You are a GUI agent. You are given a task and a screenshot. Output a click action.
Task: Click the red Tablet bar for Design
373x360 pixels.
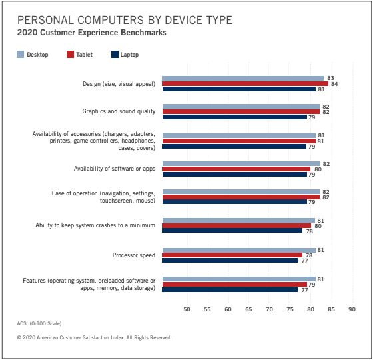coord(245,84)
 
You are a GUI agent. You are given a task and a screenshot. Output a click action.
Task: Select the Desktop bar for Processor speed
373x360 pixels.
coord(239,250)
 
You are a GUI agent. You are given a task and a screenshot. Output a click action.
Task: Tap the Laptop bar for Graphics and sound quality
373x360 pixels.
coord(234,117)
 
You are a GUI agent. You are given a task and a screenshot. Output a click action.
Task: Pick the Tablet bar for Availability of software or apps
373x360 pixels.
coord(236,169)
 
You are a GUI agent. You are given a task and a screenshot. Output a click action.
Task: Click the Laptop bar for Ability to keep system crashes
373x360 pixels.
coord(232,231)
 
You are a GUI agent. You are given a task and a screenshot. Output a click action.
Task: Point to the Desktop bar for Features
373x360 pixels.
coord(239,279)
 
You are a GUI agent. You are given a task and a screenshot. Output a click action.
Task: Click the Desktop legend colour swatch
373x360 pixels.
coord(21,55)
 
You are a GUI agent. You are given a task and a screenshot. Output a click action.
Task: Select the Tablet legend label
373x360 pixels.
coord(84,55)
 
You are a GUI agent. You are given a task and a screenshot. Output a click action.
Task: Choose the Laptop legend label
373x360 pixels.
coord(129,55)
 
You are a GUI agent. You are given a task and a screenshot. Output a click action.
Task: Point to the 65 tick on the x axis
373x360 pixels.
coord(248,309)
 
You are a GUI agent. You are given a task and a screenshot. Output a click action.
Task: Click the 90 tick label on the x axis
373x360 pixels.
coord(352,309)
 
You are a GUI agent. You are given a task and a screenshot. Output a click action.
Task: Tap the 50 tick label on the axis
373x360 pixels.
coord(186,309)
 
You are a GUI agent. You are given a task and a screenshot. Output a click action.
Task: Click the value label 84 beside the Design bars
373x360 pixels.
coord(334,84)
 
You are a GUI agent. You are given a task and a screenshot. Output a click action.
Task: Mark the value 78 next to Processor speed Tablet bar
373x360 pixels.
coord(309,255)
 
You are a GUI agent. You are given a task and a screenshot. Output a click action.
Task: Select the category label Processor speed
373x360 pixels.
coord(134,255)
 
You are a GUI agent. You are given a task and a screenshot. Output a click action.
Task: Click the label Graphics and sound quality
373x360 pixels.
coord(119,111)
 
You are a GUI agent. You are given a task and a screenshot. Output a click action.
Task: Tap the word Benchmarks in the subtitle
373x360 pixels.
coord(143,33)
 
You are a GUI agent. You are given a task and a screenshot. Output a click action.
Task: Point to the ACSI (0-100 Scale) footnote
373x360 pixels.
coord(39,323)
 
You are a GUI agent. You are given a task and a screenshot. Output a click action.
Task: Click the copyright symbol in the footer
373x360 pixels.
coord(19,337)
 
